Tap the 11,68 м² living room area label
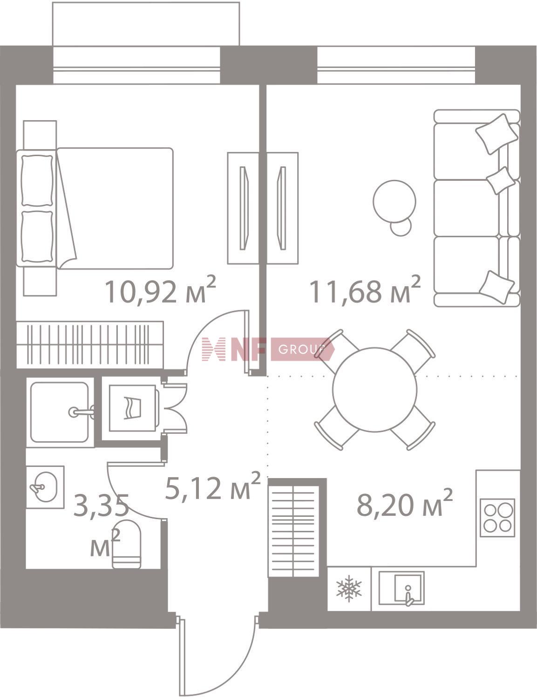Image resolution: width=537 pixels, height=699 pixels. (x=365, y=291)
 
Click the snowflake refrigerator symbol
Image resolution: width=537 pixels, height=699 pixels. (x=349, y=589)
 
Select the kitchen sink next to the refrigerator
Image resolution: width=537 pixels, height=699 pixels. (x=402, y=589)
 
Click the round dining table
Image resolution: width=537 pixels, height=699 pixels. (x=375, y=390)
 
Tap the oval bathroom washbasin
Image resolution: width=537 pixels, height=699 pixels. (x=45, y=487)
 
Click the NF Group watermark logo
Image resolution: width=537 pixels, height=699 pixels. (x=268, y=349)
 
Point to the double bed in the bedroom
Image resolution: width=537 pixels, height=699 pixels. (x=95, y=208)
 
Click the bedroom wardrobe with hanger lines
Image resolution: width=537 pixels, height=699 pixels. (x=90, y=345)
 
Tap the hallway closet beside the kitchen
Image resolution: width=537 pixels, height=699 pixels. (x=293, y=531)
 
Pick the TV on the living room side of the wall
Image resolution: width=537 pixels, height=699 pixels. (x=282, y=208)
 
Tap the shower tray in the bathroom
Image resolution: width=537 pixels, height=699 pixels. (x=60, y=412)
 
